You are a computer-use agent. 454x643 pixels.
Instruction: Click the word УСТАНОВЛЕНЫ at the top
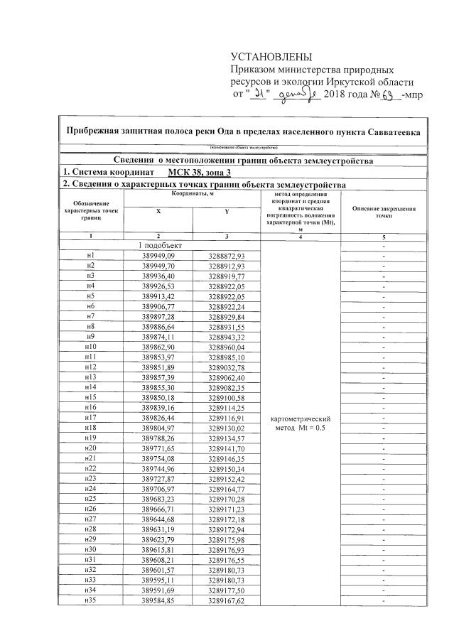point(271,57)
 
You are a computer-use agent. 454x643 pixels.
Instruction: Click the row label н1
point(90,255)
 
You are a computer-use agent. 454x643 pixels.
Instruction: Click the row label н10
point(90,347)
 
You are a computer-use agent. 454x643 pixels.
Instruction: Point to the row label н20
point(90,449)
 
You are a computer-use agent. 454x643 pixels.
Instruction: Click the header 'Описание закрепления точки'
point(384,212)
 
